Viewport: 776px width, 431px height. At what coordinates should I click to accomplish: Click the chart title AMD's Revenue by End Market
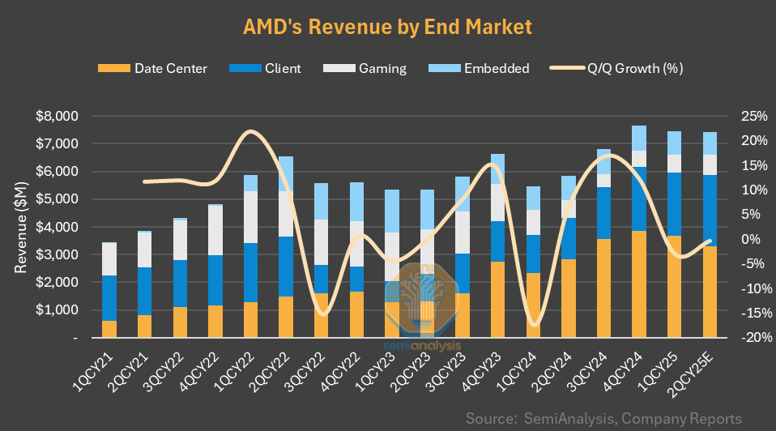(x=387, y=27)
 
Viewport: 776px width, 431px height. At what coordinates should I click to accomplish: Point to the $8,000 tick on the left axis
(x=58, y=116)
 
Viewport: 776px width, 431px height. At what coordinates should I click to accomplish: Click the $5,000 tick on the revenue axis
(x=58, y=199)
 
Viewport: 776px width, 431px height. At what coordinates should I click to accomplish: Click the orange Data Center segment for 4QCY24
(x=639, y=284)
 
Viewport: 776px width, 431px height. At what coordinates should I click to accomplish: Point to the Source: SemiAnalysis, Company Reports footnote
(x=603, y=418)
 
